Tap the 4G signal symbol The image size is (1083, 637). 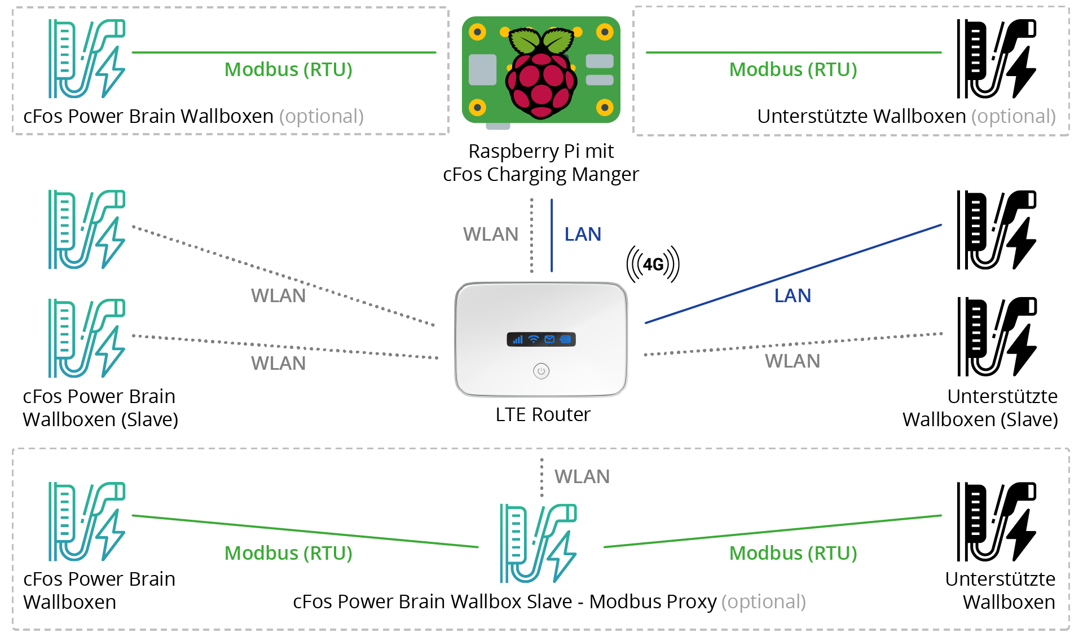[653, 264]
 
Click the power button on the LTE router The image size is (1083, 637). [541, 371]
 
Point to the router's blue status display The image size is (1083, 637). [541, 339]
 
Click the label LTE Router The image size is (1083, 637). [543, 415]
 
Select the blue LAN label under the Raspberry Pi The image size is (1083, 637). [583, 235]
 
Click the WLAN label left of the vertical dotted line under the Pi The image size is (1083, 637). [490, 235]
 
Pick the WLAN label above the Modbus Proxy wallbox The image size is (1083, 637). [582, 477]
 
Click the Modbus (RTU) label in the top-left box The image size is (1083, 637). [288, 70]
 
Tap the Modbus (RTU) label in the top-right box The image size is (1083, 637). [793, 70]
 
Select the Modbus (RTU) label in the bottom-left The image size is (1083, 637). [288, 554]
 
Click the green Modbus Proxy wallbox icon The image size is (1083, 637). [538, 543]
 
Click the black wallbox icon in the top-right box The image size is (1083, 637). [996, 59]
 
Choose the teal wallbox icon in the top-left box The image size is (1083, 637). [87, 59]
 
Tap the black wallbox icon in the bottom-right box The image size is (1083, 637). [996, 521]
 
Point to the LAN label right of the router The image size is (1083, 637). [793, 296]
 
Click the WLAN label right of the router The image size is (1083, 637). [792, 361]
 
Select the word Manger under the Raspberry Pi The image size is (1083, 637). [605, 175]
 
